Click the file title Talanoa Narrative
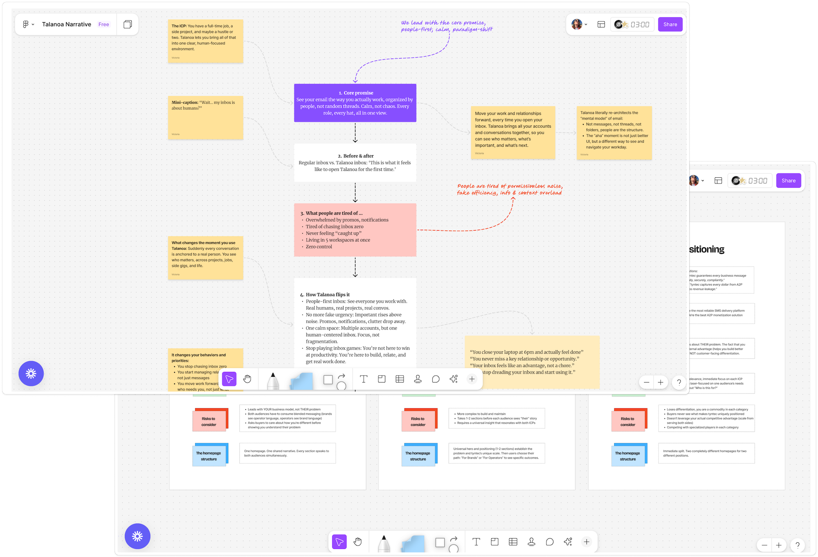pyautogui.click(x=67, y=25)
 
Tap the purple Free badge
pyautogui.click(x=103, y=25)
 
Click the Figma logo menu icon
pyautogui.click(x=26, y=25)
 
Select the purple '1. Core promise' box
pyautogui.click(x=355, y=103)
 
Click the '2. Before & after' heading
pyautogui.click(x=355, y=156)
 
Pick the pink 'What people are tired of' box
pyautogui.click(x=355, y=230)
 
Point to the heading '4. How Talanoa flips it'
pyautogui.click(x=327, y=294)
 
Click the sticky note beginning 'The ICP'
pyautogui.click(x=205, y=41)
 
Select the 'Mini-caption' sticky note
pyautogui.click(x=205, y=118)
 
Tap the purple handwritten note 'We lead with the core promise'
pyautogui.click(x=447, y=26)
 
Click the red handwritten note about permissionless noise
pyautogui.click(x=510, y=189)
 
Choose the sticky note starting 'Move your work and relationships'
pyautogui.click(x=513, y=132)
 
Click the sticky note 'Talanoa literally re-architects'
pyautogui.click(x=614, y=132)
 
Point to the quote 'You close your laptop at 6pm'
pyautogui.click(x=526, y=352)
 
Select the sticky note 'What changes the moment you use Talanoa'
pyautogui.click(x=205, y=257)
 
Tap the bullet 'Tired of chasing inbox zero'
pyautogui.click(x=334, y=226)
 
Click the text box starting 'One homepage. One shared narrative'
pyautogui.click(x=287, y=453)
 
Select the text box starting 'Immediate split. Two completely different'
pyautogui.click(x=706, y=453)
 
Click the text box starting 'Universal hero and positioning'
pyautogui.click(x=496, y=453)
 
